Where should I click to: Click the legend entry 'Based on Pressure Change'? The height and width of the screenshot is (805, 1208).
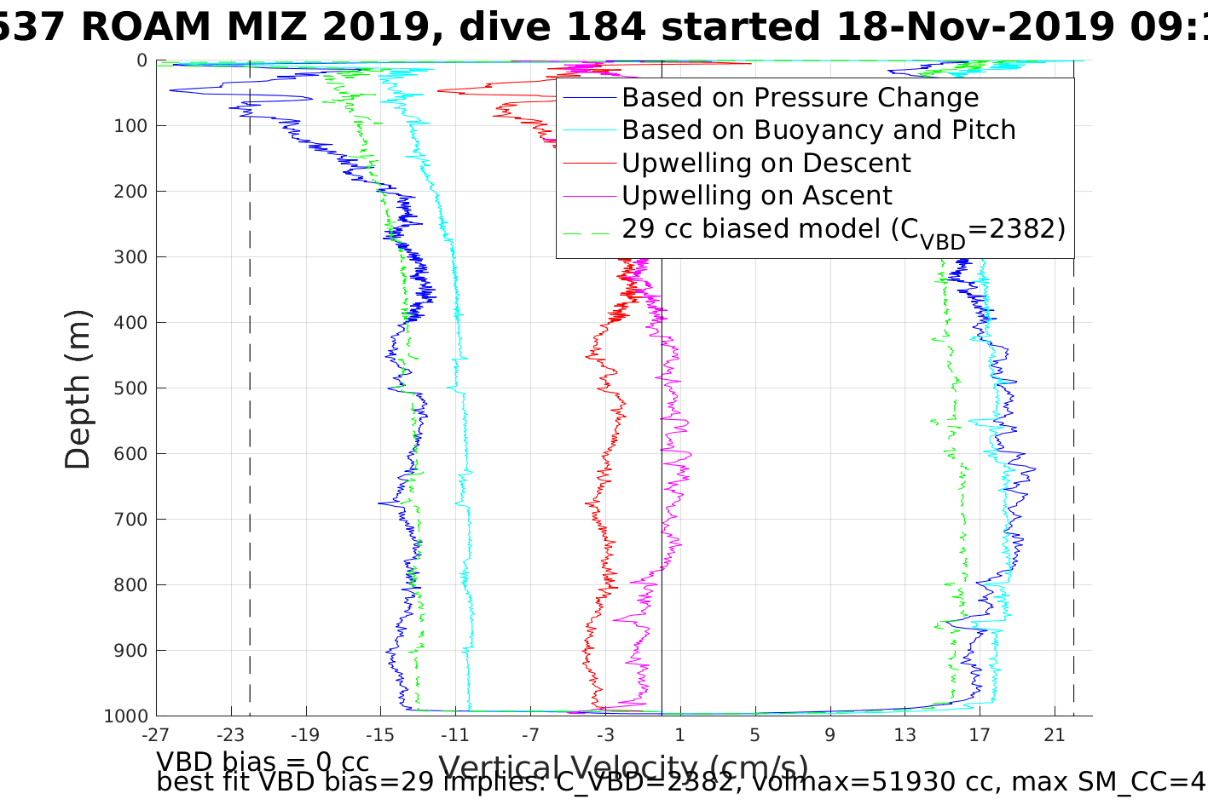tap(800, 98)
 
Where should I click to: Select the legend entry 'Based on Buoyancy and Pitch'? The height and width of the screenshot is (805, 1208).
tap(818, 130)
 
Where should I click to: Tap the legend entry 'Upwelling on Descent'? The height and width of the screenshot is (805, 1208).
tap(766, 163)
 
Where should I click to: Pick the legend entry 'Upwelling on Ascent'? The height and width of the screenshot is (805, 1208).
tap(756, 196)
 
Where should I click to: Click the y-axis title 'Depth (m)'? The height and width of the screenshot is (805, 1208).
tap(78, 389)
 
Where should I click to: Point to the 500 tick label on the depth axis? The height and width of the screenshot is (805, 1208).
tap(130, 388)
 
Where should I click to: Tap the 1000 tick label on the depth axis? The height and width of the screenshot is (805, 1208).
tap(126, 716)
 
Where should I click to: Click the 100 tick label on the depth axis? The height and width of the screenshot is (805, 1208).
tap(130, 126)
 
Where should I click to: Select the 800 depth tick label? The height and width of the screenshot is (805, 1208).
tap(130, 585)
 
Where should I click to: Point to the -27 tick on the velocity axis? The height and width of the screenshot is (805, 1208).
tap(156, 734)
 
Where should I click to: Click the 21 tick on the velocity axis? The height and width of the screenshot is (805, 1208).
tap(1055, 734)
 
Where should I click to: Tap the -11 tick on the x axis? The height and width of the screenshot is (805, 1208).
tap(455, 734)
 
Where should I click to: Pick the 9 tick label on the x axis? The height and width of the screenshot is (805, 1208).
tap(829, 734)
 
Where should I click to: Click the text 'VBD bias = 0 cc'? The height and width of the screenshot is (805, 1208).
tap(263, 762)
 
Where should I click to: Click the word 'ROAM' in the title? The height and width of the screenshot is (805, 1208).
tap(147, 27)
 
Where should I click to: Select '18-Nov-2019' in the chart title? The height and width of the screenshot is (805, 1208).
tap(974, 27)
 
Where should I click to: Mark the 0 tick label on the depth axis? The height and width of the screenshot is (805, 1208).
tap(142, 60)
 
